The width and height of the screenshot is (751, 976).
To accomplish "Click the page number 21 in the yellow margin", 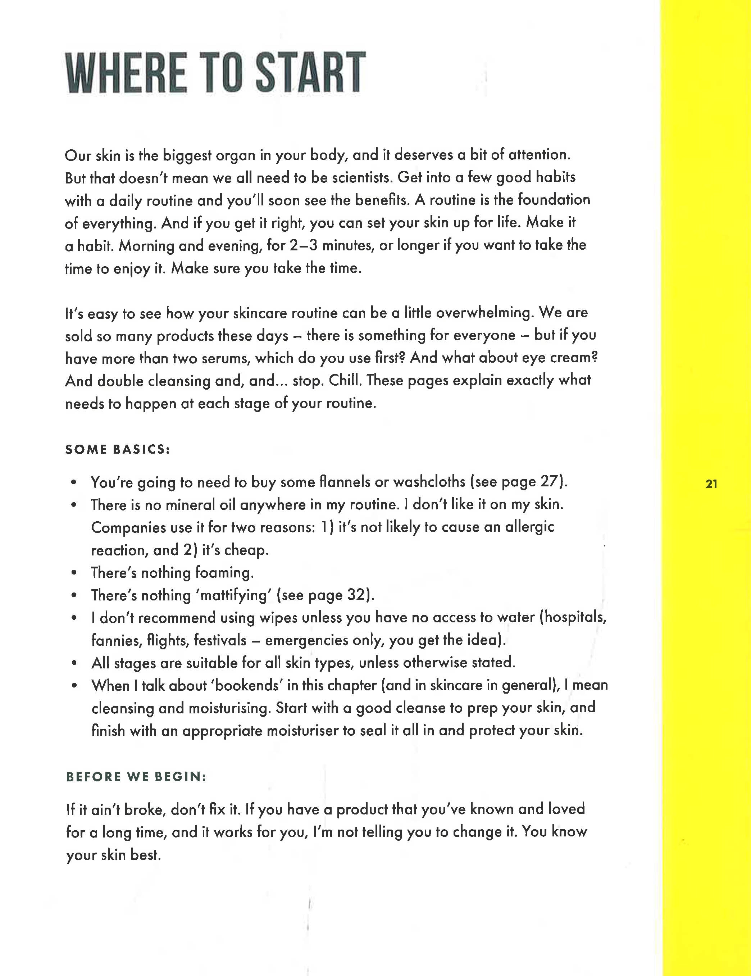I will tap(711, 484).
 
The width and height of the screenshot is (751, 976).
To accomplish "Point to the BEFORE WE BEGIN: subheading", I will tap(136, 777).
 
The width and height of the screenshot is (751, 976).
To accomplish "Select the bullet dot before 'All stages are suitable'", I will tap(74, 663).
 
